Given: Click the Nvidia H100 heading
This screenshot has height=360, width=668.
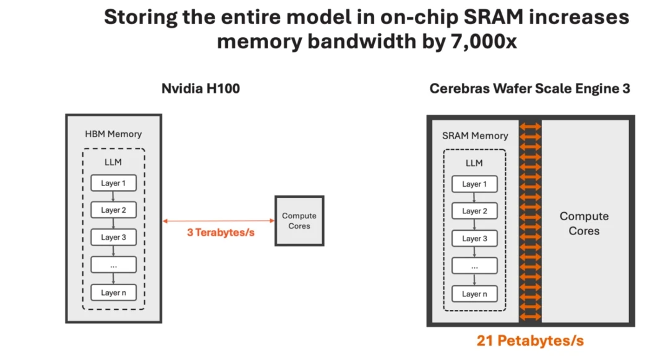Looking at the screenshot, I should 200,88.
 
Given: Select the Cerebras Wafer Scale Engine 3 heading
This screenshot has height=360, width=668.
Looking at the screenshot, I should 529,88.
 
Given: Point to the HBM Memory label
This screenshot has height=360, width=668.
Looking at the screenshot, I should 113,134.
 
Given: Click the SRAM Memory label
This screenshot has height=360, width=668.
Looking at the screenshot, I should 475,135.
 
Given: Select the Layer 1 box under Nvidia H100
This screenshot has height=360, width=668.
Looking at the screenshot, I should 113,183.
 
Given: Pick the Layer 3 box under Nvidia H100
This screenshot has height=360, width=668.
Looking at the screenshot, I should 113,238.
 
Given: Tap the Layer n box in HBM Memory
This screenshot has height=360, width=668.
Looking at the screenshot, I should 113,292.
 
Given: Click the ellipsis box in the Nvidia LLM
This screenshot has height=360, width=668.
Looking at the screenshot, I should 113,265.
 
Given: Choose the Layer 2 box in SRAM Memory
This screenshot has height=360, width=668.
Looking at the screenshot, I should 474,211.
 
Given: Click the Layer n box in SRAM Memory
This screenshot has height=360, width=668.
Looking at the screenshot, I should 474,294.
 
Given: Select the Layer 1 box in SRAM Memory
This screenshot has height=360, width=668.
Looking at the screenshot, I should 474,184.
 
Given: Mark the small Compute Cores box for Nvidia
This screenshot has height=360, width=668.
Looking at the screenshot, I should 299,221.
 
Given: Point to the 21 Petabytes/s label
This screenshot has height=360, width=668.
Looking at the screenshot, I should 530,340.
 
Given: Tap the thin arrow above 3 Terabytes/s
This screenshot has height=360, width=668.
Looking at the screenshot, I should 218,221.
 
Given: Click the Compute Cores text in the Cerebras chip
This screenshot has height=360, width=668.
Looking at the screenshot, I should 584,223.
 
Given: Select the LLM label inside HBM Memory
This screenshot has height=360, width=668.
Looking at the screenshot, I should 113,162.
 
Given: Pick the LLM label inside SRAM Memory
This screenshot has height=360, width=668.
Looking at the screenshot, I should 474,163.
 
